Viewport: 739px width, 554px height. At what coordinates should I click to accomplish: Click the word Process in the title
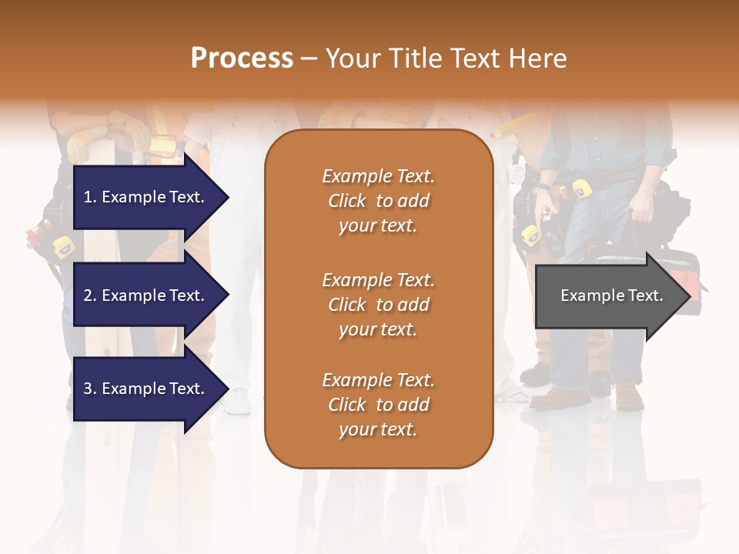[x=242, y=58]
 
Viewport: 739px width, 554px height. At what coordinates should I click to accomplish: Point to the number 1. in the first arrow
[x=89, y=197]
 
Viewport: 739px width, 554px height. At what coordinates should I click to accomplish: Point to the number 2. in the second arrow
[x=89, y=295]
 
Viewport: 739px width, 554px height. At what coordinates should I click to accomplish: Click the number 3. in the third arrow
[x=89, y=389]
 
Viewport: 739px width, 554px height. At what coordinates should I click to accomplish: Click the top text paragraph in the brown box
[x=378, y=201]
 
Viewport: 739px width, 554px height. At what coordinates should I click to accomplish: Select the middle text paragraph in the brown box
[x=378, y=305]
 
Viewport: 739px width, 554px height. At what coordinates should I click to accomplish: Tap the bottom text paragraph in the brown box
[x=378, y=405]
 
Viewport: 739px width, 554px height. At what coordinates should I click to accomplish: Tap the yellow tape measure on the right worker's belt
[x=579, y=188]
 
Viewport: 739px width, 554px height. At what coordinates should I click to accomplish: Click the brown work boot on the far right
[x=629, y=395]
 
